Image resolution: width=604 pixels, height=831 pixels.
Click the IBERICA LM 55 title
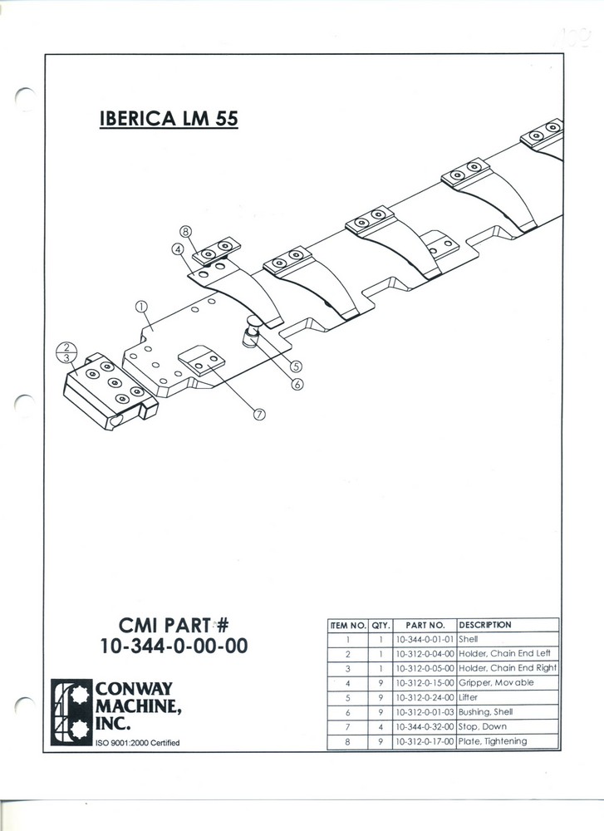[169, 118]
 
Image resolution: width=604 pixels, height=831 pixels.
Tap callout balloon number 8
[185, 231]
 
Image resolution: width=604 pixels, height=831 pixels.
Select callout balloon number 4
[178, 248]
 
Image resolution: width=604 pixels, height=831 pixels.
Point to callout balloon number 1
[141, 307]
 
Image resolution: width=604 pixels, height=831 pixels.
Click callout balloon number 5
[296, 366]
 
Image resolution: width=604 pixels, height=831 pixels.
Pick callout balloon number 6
[297, 384]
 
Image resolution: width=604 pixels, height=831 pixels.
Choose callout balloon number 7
[259, 414]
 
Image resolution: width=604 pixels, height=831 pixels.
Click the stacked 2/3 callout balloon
[66, 352]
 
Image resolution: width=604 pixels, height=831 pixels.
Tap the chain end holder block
[110, 391]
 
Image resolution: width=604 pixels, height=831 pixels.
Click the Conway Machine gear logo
[71, 712]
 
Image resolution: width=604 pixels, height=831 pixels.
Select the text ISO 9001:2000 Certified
[138, 743]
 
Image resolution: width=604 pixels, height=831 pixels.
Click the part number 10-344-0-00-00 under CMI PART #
[174, 646]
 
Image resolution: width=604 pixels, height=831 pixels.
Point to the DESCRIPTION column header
[485, 625]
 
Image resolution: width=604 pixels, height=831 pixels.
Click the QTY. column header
[381, 626]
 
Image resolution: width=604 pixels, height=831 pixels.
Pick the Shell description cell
[468, 639]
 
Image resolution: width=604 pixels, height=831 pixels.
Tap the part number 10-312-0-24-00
[425, 697]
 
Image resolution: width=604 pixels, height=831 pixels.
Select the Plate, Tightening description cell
[493, 741]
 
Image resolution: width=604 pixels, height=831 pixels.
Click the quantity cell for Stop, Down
[381, 727]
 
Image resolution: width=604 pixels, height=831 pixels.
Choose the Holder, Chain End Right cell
[508, 668]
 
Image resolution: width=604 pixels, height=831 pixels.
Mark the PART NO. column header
[425, 626]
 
